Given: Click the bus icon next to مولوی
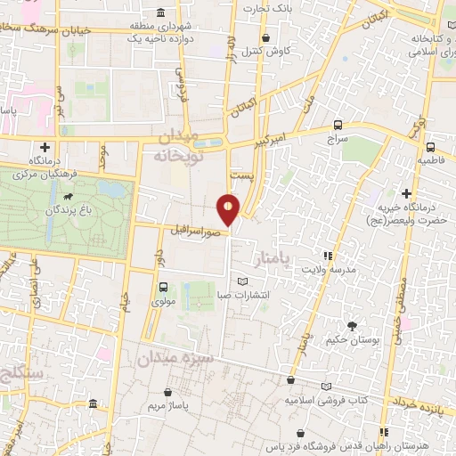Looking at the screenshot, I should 162,287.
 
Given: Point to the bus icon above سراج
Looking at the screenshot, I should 337,125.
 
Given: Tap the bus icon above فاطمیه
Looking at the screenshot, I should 430,148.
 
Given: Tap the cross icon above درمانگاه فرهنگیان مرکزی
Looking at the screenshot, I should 44,147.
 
